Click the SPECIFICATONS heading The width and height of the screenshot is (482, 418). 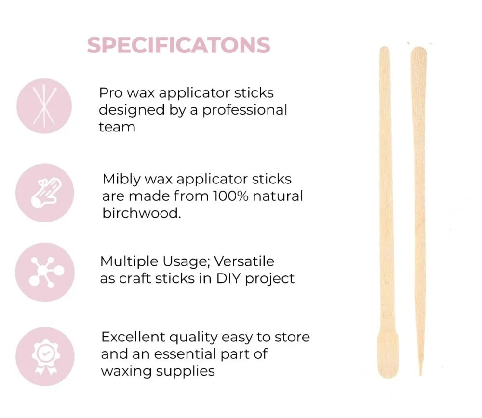(x=179, y=45)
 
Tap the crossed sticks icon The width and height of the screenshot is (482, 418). (x=44, y=106)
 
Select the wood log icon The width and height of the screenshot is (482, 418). (x=45, y=193)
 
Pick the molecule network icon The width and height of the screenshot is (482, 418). (x=45, y=272)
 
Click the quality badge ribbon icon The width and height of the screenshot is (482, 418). (x=45, y=356)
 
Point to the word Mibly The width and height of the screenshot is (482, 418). (x=121, y=180)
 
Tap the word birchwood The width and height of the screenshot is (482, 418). (x=142, y=213)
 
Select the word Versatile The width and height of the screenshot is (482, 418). (x=244, y=261)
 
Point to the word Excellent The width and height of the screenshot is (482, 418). (x=133, y=337)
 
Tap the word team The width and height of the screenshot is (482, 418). (x=117, y=127)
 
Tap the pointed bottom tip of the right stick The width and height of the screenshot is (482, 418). (x=420, y=374)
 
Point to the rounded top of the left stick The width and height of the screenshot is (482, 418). (x=385, y=49)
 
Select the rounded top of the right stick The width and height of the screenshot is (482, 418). (x=418, y=50)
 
